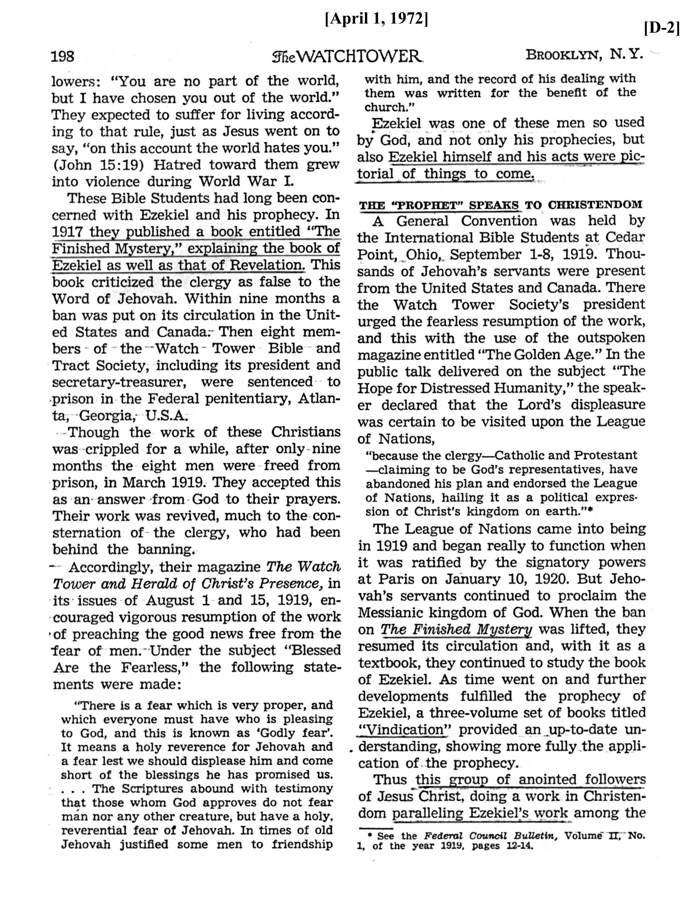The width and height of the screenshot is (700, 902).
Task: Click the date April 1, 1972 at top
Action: pyautogui.click(x=376, y=19)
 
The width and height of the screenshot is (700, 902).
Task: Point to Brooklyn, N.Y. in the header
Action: pyautogui.click(x=584, y=54)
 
